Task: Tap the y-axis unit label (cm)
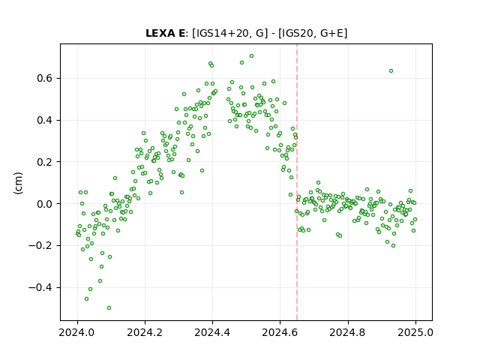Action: point(18,183)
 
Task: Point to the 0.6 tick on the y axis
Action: point(45,78)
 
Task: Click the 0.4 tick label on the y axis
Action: point(45,120)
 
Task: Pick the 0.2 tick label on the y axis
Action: point(45,162)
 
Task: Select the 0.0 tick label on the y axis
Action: point(45,204)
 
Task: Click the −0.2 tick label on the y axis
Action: point(40,245)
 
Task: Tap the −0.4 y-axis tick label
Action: point(40,287)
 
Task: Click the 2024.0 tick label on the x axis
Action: point(77,332)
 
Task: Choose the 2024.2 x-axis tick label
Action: point(145,332)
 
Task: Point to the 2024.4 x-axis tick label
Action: point(212,332)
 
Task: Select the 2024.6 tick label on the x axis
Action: point(280,332)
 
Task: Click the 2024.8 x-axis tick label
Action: point(347,332)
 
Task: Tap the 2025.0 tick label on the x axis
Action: point(415,332)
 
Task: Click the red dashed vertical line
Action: point(297,182)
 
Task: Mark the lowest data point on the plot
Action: point(109,307)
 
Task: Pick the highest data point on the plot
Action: point(252,56)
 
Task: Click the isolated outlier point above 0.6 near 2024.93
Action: point(391,71)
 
